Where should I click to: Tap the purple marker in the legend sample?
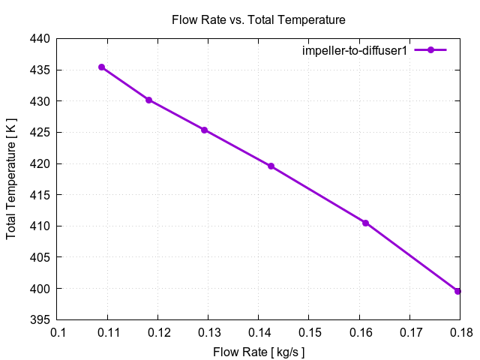(x=430, y=50)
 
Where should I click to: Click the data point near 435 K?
(x=101, y=67)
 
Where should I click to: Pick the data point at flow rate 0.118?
(x=148, y=100)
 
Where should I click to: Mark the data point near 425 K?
(x=204, y=130)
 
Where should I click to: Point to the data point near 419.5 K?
(x=271, y=166)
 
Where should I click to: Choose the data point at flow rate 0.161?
(x=365, y=223)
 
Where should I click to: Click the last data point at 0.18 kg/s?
(x=457, y=291)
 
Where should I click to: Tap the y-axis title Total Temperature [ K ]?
(x=11, y=178)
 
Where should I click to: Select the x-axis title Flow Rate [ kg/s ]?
(x=259, y=351)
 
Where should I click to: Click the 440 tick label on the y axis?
(x=39, y=38)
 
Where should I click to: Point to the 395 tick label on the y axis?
(x=39, y=319)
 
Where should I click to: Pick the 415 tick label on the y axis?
(x=39, y=194)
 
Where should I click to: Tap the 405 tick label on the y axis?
(x=39, y=257)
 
